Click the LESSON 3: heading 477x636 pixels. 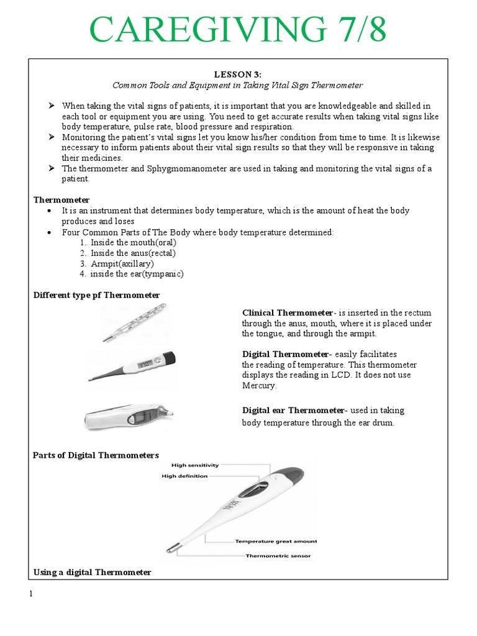[238, 75]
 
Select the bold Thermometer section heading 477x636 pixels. [61, 200]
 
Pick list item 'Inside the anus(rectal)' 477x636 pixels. [133, 253]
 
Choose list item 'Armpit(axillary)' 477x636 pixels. [122, 263]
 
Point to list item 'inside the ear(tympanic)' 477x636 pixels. [137, 274]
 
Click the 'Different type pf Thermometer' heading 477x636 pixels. [96, 295]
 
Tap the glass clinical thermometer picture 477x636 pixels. [135, 322]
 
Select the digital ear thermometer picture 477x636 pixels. [129, 416]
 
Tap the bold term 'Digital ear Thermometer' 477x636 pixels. [293, 411]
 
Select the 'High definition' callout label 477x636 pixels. [184, 476]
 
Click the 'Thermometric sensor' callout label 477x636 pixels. [278, 556]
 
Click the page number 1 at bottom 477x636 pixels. [30, 594]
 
